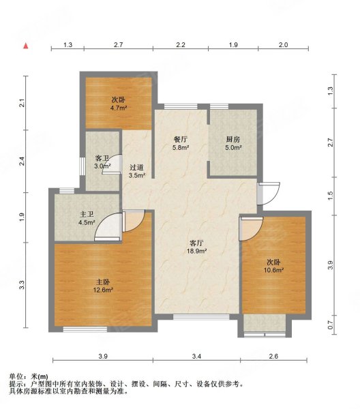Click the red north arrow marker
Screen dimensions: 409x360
(26, 46)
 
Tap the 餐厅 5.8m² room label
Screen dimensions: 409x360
(180, 143)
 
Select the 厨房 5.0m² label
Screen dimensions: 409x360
(233, 143)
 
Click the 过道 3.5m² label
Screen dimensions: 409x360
(136, 171)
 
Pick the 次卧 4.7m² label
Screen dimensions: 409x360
(120, 104)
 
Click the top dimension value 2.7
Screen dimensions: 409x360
(118, 45)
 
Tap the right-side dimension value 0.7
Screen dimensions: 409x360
(330, 325)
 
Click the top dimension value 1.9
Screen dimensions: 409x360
(233, 45)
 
